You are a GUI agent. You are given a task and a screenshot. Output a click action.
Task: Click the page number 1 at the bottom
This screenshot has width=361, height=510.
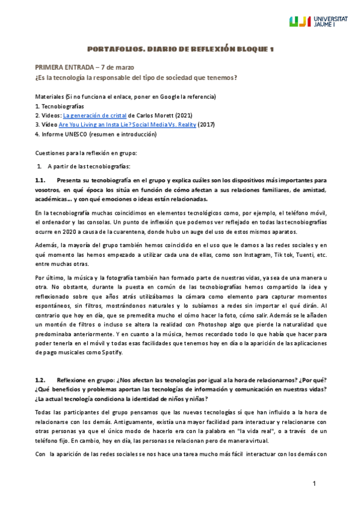(x=314, y=484)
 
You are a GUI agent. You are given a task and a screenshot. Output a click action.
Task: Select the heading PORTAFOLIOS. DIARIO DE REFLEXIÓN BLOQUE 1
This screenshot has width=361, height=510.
(x=180, y=49)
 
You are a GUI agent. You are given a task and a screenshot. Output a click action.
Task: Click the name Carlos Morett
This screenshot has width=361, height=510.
(x=147, y=115)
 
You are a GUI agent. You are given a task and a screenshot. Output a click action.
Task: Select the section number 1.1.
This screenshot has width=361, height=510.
(x=40, y=180)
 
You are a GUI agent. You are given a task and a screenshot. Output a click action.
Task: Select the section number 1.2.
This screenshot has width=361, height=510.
(x=40, y=381)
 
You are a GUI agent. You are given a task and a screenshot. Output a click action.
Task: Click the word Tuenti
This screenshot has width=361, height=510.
(x=291, y=254)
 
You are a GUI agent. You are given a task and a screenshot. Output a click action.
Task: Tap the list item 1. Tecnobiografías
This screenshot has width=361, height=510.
(x=60, y=106)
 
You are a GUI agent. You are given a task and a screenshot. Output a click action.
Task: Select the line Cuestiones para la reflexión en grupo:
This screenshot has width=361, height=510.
(x=86, y=153)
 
